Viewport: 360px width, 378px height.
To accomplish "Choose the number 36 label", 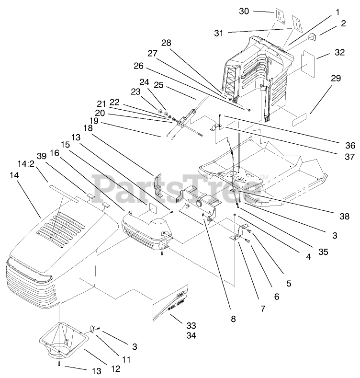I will (350, 146).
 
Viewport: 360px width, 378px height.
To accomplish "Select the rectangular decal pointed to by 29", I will (303, 122).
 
